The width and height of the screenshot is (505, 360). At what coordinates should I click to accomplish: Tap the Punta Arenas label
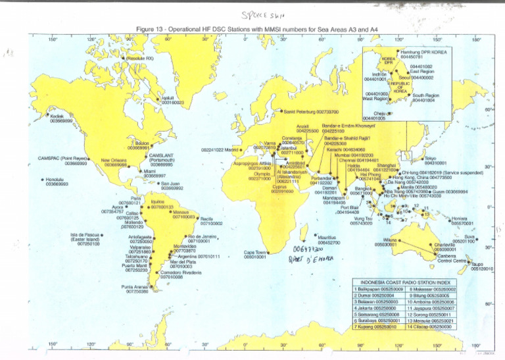pos(137,287)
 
